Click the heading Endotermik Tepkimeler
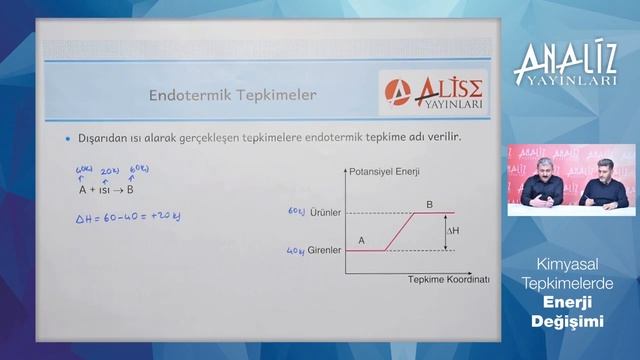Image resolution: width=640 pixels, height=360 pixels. coord(232,96)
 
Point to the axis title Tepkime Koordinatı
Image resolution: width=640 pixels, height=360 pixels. coord(448,279)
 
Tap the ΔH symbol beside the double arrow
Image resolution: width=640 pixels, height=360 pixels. coord(454,231)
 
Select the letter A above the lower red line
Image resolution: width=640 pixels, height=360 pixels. coord(361,241)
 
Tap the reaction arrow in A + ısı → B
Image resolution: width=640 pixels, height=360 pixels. coord(126,188)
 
